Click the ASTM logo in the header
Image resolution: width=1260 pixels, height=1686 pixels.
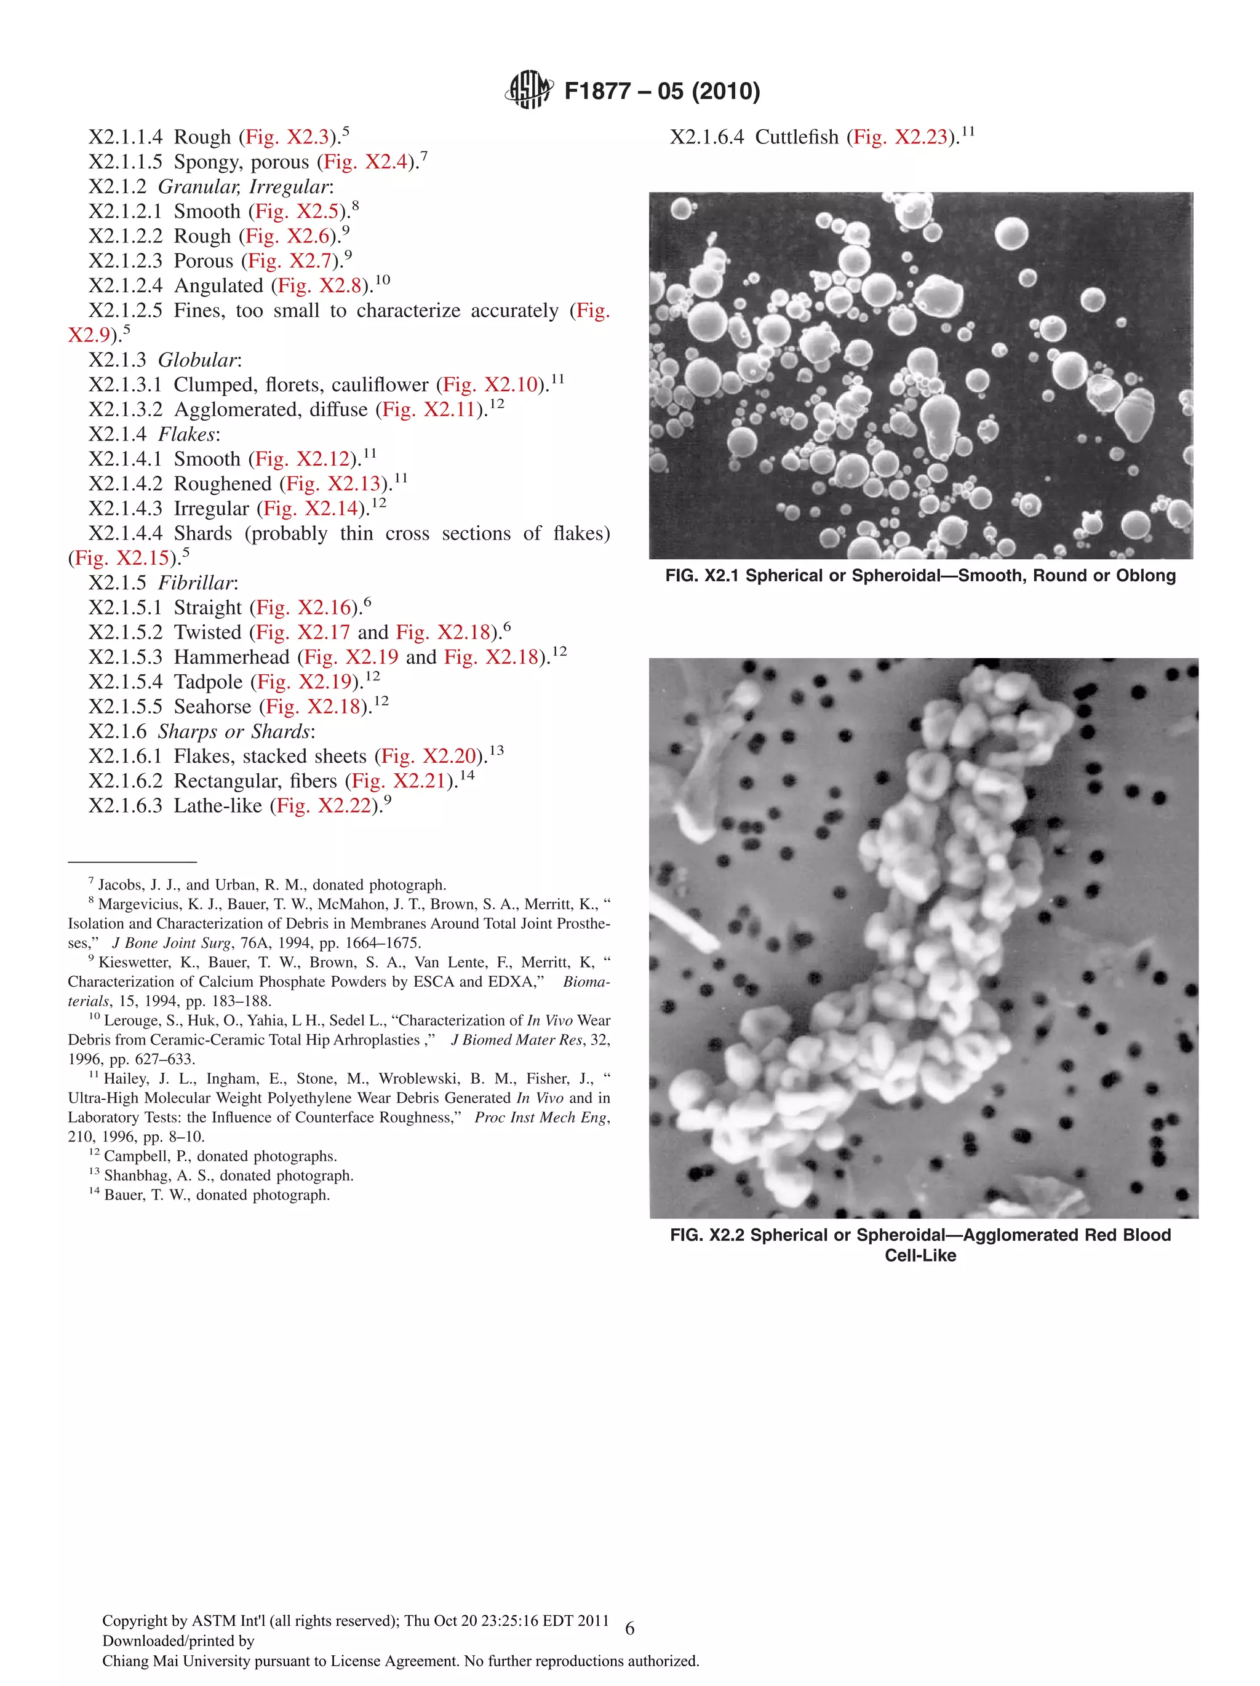528,90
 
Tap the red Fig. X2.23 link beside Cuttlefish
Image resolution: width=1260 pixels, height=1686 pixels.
900,137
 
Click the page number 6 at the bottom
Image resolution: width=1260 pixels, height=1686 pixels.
629,1629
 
